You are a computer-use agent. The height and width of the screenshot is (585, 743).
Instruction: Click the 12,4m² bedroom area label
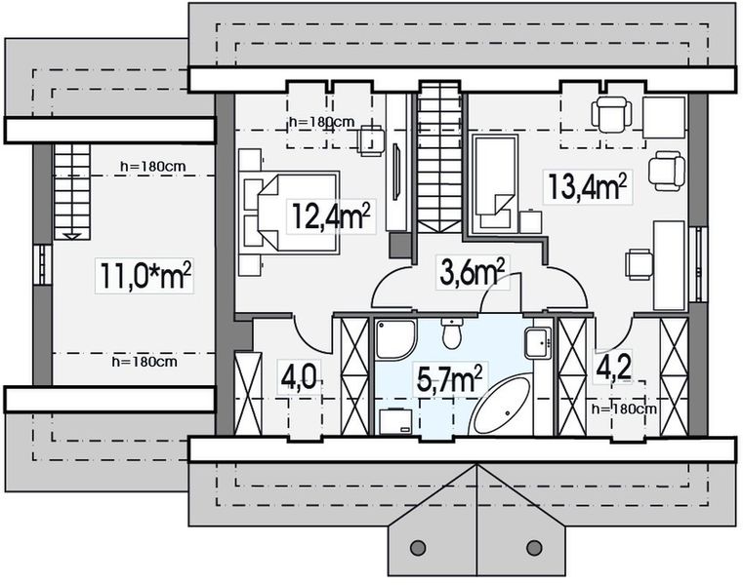pos(331,215)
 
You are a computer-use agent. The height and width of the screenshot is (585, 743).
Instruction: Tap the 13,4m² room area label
pos(588,186)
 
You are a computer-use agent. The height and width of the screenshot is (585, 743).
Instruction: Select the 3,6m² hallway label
pos(472,272)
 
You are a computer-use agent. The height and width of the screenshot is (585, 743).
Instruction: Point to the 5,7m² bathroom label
pos(449,379)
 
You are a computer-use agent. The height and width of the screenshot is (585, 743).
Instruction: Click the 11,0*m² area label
pos(145,275)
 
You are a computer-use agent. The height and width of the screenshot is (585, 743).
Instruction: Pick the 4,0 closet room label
pos(299,377)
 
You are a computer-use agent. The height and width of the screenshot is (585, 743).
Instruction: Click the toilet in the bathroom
pos(452,333)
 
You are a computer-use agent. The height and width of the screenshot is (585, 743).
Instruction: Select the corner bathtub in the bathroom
pos(501,408)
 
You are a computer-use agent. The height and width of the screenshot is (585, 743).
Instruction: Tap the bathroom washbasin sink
pos(538,342)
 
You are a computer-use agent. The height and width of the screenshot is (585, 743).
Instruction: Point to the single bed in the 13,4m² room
pos(494,183)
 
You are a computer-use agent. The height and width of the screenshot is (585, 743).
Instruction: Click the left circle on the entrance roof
pos(418,548)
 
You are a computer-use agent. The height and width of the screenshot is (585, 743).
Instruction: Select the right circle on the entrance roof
pos(534,548)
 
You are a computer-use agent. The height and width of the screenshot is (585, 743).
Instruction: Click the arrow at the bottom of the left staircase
pos(72,237)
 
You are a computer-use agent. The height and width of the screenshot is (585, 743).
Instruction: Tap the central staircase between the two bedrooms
pos(439,156)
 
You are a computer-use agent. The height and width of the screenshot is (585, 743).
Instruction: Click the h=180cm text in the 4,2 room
pos(624,409)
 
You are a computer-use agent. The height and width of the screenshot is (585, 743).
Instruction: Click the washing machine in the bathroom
pos(395,421)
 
